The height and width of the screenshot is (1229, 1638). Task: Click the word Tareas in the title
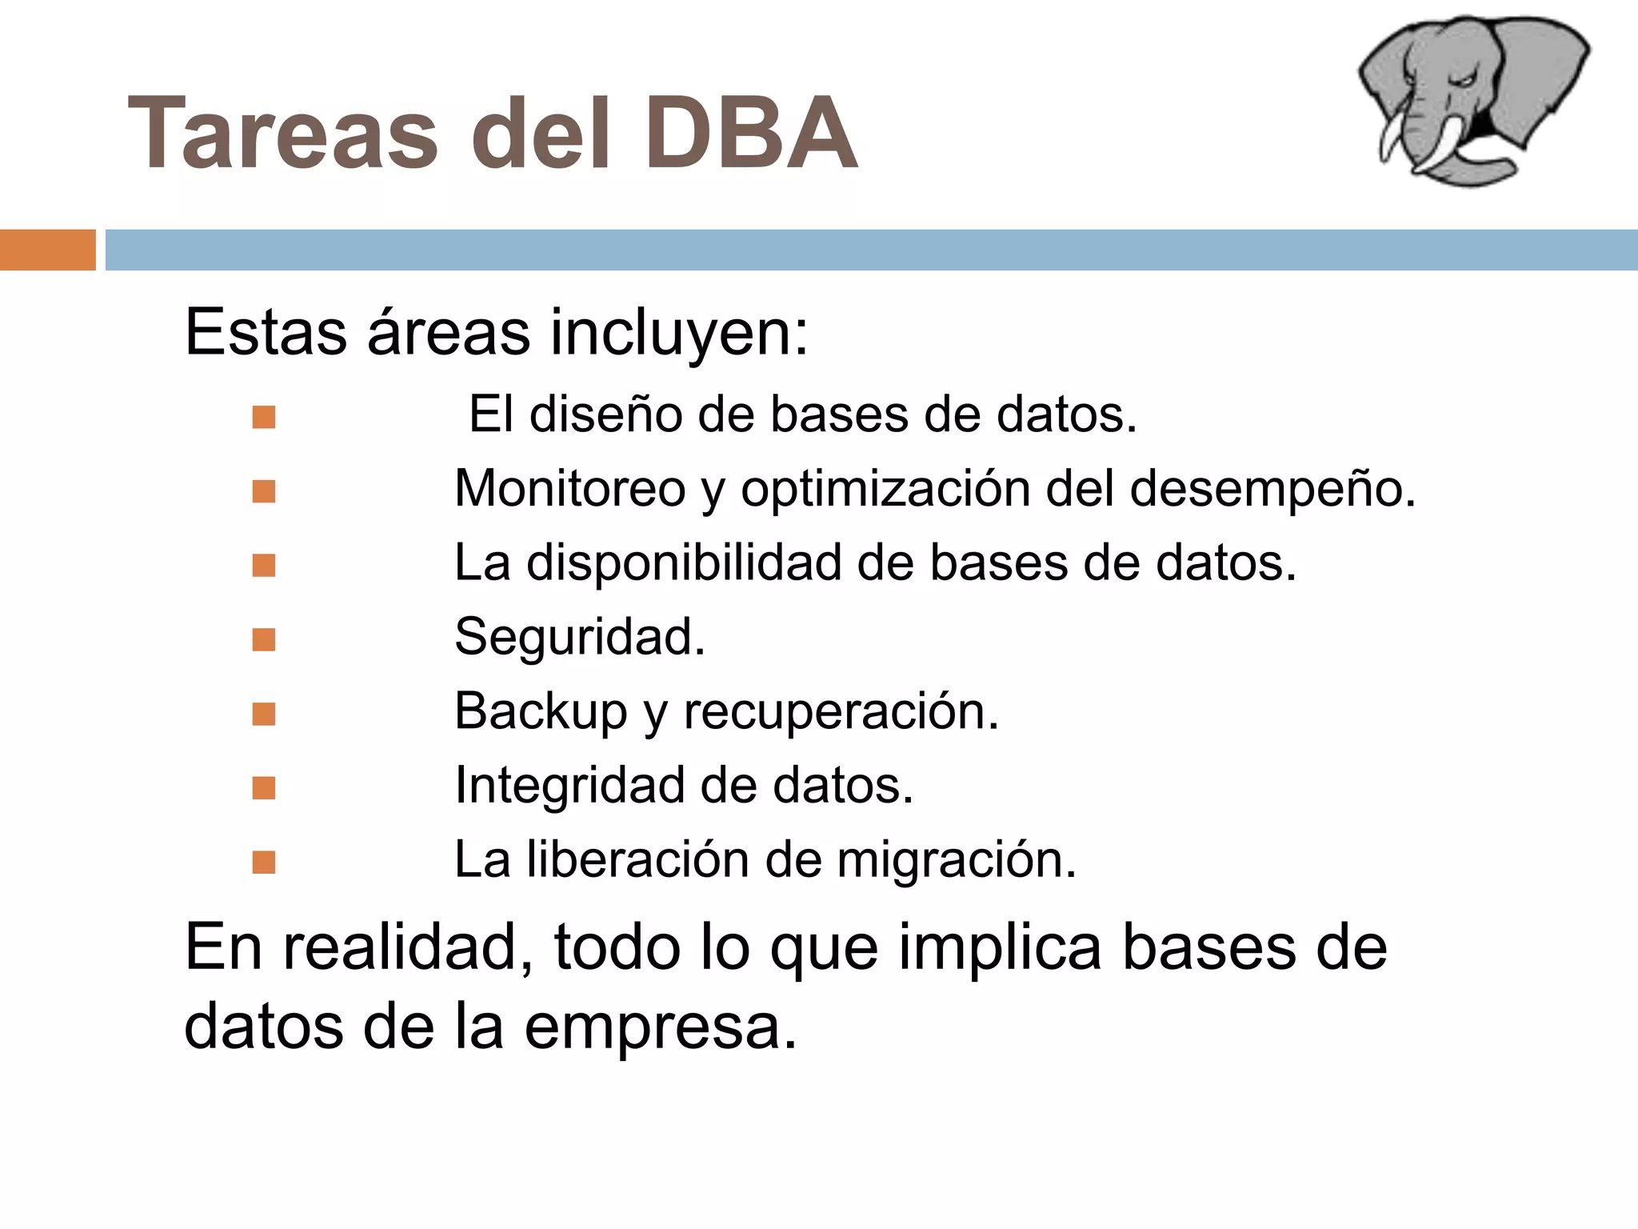(x=282, y=134)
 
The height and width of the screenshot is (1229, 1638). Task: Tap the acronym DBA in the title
(x=751, y=134)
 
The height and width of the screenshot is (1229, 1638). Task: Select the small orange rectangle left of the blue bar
(x=47, y=250)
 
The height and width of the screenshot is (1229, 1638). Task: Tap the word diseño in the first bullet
(x=605, y=414)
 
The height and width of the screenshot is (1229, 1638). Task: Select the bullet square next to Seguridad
(x=263, y=639)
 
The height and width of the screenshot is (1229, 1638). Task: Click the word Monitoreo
(x=569, y=488)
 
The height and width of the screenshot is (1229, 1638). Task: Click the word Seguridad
(x=580, y=637)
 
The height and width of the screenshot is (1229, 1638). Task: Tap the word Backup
(x=541, y=711)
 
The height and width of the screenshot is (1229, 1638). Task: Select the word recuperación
(x=841, y=711)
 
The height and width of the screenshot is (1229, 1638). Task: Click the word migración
(x=957, y=859)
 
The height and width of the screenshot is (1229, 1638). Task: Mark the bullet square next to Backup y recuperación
(x=263, y=714)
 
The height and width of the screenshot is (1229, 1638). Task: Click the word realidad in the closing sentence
(x=409, y=947)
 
